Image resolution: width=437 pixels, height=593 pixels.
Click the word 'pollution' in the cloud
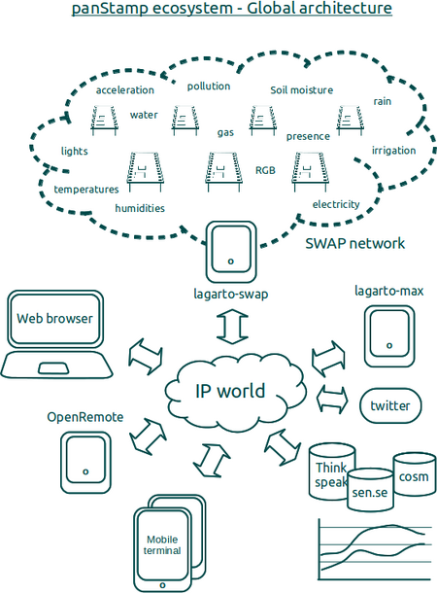(209, 87)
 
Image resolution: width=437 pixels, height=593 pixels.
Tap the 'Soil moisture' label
(301, 90)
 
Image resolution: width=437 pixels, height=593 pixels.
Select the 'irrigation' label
(393, 151)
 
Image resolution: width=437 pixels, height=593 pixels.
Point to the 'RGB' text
(265, 170)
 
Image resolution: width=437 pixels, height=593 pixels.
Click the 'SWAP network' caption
(354, 243)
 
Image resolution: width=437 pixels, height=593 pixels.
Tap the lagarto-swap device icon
(231, 252)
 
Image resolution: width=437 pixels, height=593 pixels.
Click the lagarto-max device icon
(389, 336)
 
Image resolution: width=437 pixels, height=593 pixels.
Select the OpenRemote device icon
(85, 463)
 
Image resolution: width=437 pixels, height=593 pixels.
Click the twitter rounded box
(389, 405)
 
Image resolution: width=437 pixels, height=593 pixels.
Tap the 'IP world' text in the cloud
(230, 391)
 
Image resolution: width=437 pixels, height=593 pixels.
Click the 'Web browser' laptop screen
(55, 319)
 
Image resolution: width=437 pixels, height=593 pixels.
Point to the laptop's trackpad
(52, 368)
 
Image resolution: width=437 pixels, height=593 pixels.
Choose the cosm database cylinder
(414, 474)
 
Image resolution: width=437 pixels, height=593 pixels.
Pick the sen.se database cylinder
(370, 490)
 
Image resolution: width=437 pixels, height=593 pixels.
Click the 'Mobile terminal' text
(162, 545)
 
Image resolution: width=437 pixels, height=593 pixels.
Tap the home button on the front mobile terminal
(163, 585)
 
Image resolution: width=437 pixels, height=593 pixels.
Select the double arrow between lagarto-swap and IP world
(232, 327)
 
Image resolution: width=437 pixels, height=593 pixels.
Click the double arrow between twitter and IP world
(332, 399)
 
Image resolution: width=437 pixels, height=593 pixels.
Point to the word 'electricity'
(336, 204)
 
